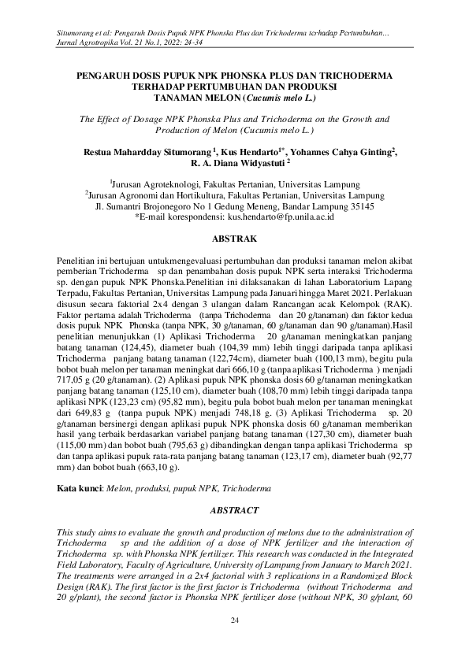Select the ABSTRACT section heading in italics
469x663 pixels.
point(234,510)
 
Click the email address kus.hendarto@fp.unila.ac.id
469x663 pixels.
point(281,215)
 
